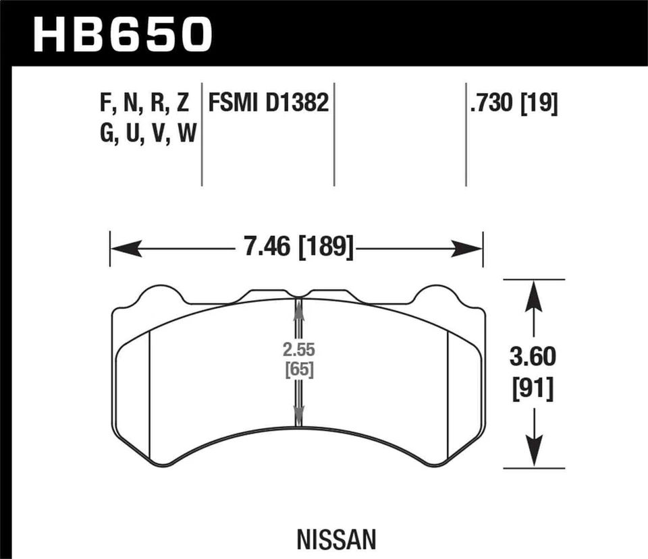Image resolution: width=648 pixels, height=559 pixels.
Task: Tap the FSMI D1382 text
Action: [x=269, y=104]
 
